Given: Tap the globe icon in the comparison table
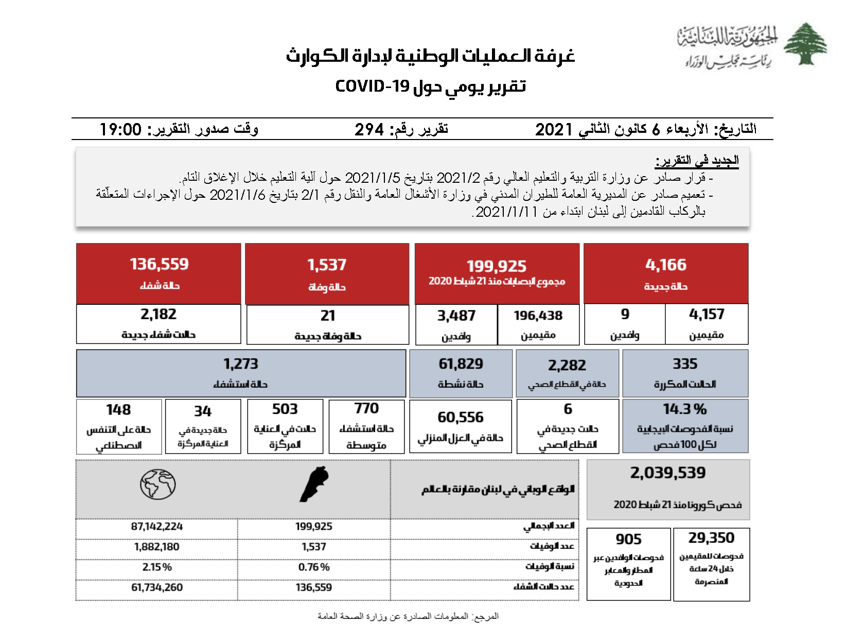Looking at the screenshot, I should (158, 485).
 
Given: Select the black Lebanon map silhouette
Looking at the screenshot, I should (314, 484).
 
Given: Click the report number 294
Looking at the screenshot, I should (369, 129).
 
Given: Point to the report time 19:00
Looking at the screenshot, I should (120, 129).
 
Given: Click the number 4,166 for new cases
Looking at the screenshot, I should (666, 265).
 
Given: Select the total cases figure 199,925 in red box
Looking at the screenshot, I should (497, 266).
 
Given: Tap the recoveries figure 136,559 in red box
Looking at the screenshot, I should (159, 264).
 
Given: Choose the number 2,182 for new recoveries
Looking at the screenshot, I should (158, 314).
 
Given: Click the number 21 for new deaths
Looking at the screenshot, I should (328, 315).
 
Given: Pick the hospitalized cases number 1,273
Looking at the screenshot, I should (241, 364).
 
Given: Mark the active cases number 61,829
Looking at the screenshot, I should (461, 364).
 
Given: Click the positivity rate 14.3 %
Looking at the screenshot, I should (684, 409).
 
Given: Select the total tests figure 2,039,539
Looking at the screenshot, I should (668, 473).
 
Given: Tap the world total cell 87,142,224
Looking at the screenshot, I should (157, 527).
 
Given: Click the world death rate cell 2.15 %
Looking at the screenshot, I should (157, 567).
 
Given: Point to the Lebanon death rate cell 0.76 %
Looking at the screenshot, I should (314, 567).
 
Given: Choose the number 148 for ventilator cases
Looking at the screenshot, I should (118, 410).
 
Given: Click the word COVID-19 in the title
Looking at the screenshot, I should (372, 86).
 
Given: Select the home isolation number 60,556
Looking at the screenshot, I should (461, 417).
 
